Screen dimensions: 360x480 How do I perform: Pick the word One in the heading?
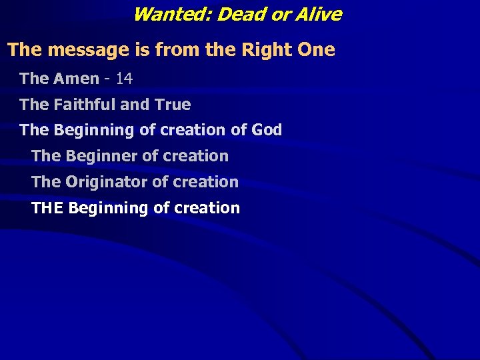pyautogui.click(x=315, y=50)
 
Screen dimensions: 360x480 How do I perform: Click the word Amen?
pyautogui.click(x=76, y=79)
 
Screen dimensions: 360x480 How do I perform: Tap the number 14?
pyautogui.click(x=124, y=79)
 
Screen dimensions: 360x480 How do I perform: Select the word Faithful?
pyautogui.click(x=85, y=105)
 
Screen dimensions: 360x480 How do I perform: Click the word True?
pyautogui.click(x=173, y=105)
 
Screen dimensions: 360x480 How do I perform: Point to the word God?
pyautogui.click(x=267, y=130)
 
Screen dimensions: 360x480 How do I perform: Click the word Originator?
pyautogui.click(x=108, y=182)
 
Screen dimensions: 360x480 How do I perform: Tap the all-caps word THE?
pyautogui.click(x=47, y=208)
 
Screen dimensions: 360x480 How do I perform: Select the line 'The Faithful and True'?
pyautogui.click(x=105, y=105)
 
